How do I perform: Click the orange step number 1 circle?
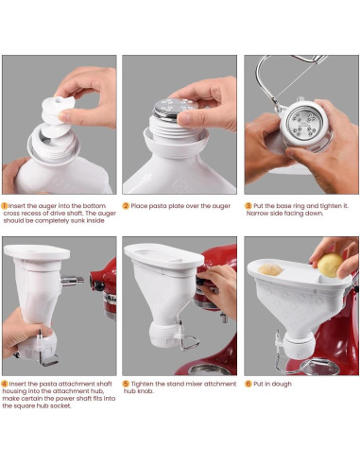click(5, 204)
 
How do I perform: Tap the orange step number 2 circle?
click(126, 204)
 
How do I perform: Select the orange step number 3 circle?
click(248, 204)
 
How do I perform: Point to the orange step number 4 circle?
click(5, 384)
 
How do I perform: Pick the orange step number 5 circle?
click(126, 384)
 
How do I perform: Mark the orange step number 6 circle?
click(248, 384)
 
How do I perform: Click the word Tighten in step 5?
click(145, 384)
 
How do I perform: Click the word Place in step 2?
click(141, 204)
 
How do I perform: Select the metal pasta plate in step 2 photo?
click(176, 112)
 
